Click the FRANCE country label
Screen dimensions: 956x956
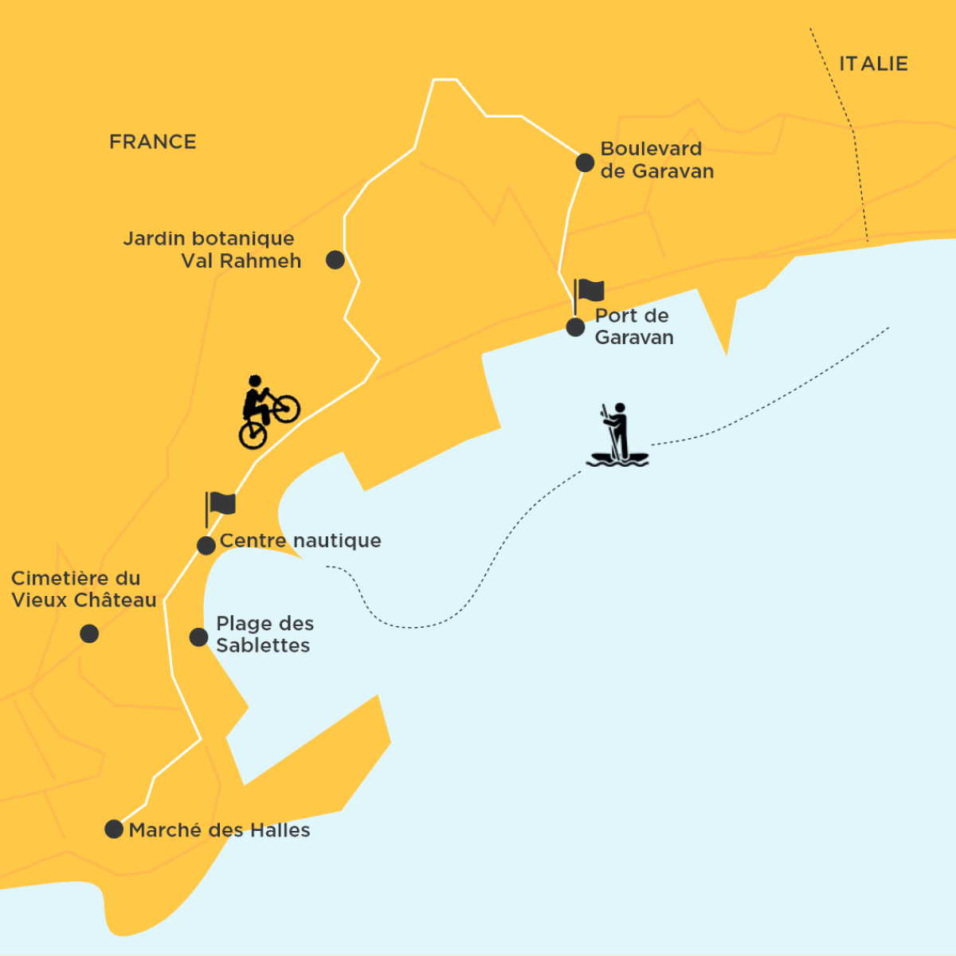pyautogui.click(x=152, y=142)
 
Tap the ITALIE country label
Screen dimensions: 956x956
pyautogui.click(x=873, y=64)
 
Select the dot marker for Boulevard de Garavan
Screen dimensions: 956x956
pyautogui.click(x=585, y=163)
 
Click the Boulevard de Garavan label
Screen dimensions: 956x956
pyautogui.click(x=656, y=159)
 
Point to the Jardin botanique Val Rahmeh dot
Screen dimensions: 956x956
pyautogui.click(x=335, y=260)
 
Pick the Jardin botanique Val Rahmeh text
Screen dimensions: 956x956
pyautogui.click(x=212, y=249)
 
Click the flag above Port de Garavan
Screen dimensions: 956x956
pyautogui.click(x=589, y=292)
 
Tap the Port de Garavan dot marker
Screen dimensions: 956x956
pyautogui.click(x=575, y=327)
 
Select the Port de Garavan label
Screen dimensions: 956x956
pyautogui.click(x=633, y=327)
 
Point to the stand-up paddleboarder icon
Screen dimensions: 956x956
pyautogui.click(x=618, y=436)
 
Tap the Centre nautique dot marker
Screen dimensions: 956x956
pyautogui.click(x=206, y=546)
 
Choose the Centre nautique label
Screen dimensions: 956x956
pyautogui.click(x=300, y=541)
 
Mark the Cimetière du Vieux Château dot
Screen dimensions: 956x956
pyautogui.click(x=89, y=633)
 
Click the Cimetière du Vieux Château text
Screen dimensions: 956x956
pyautogui.click(x=83, y=590)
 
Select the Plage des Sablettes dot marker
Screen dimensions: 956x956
pyautogui.click(x=198, y=637)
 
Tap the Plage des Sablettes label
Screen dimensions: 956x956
pyautogui.click(x=264, y=634)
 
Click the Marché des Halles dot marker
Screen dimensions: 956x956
pyautogui.click(x=114, y=829)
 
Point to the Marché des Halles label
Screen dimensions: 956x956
pyautogui.click(x=219, y=830)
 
